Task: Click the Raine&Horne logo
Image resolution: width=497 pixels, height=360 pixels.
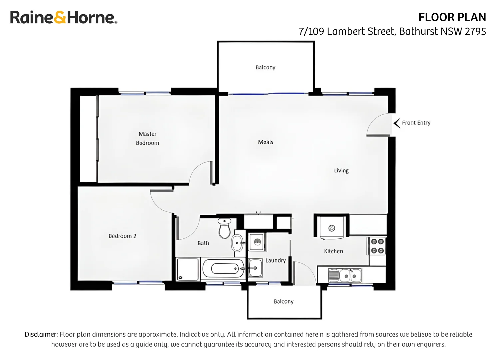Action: [63, 17]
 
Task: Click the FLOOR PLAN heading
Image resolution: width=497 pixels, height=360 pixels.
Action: [452, 17]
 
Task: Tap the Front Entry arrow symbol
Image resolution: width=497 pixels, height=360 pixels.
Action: [396, 123]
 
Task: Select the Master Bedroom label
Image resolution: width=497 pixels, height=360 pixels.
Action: [147, 138]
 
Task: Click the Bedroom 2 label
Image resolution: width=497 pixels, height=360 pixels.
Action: [122, 236]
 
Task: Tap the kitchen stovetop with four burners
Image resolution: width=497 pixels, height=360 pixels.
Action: [377, 246]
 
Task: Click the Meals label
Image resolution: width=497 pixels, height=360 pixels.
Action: [265, 142]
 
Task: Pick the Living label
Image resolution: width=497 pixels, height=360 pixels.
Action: [341, 171]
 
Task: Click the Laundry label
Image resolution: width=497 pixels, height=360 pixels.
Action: [275, 260]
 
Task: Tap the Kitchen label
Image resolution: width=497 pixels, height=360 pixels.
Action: [333, 251]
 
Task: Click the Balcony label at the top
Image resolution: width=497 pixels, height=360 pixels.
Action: [265, 67]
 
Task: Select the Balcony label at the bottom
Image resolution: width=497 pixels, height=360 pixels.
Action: [284, 301]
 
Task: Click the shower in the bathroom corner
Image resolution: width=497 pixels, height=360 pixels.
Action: [188, 269]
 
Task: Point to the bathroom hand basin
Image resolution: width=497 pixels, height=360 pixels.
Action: [237, 243]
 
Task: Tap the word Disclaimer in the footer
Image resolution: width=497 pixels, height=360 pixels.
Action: [41, 334]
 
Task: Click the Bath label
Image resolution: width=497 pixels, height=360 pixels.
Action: [203, 243]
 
